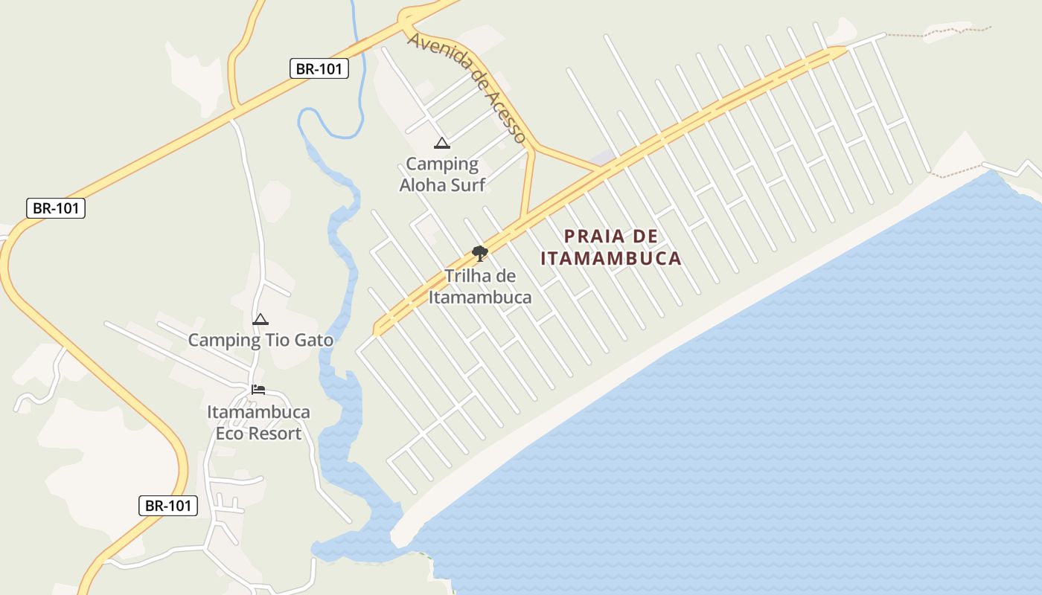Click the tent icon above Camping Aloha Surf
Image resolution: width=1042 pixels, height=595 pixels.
442,143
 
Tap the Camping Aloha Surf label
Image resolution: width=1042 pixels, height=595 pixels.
442,174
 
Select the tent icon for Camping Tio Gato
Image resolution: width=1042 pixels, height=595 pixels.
260,320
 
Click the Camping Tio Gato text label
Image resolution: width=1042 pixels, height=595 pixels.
260,341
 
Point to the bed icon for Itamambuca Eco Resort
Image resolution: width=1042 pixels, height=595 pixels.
258,389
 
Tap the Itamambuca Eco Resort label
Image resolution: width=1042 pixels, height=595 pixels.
258,422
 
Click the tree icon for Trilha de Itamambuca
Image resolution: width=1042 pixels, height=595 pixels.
480,254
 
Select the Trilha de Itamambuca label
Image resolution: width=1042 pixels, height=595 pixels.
480,286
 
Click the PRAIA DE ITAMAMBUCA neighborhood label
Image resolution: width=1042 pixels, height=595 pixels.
611,248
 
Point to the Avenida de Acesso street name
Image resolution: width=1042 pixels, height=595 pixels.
467,86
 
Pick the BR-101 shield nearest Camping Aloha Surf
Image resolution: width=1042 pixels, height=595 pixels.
319,69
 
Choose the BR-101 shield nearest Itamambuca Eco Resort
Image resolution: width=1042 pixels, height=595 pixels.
168,506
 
